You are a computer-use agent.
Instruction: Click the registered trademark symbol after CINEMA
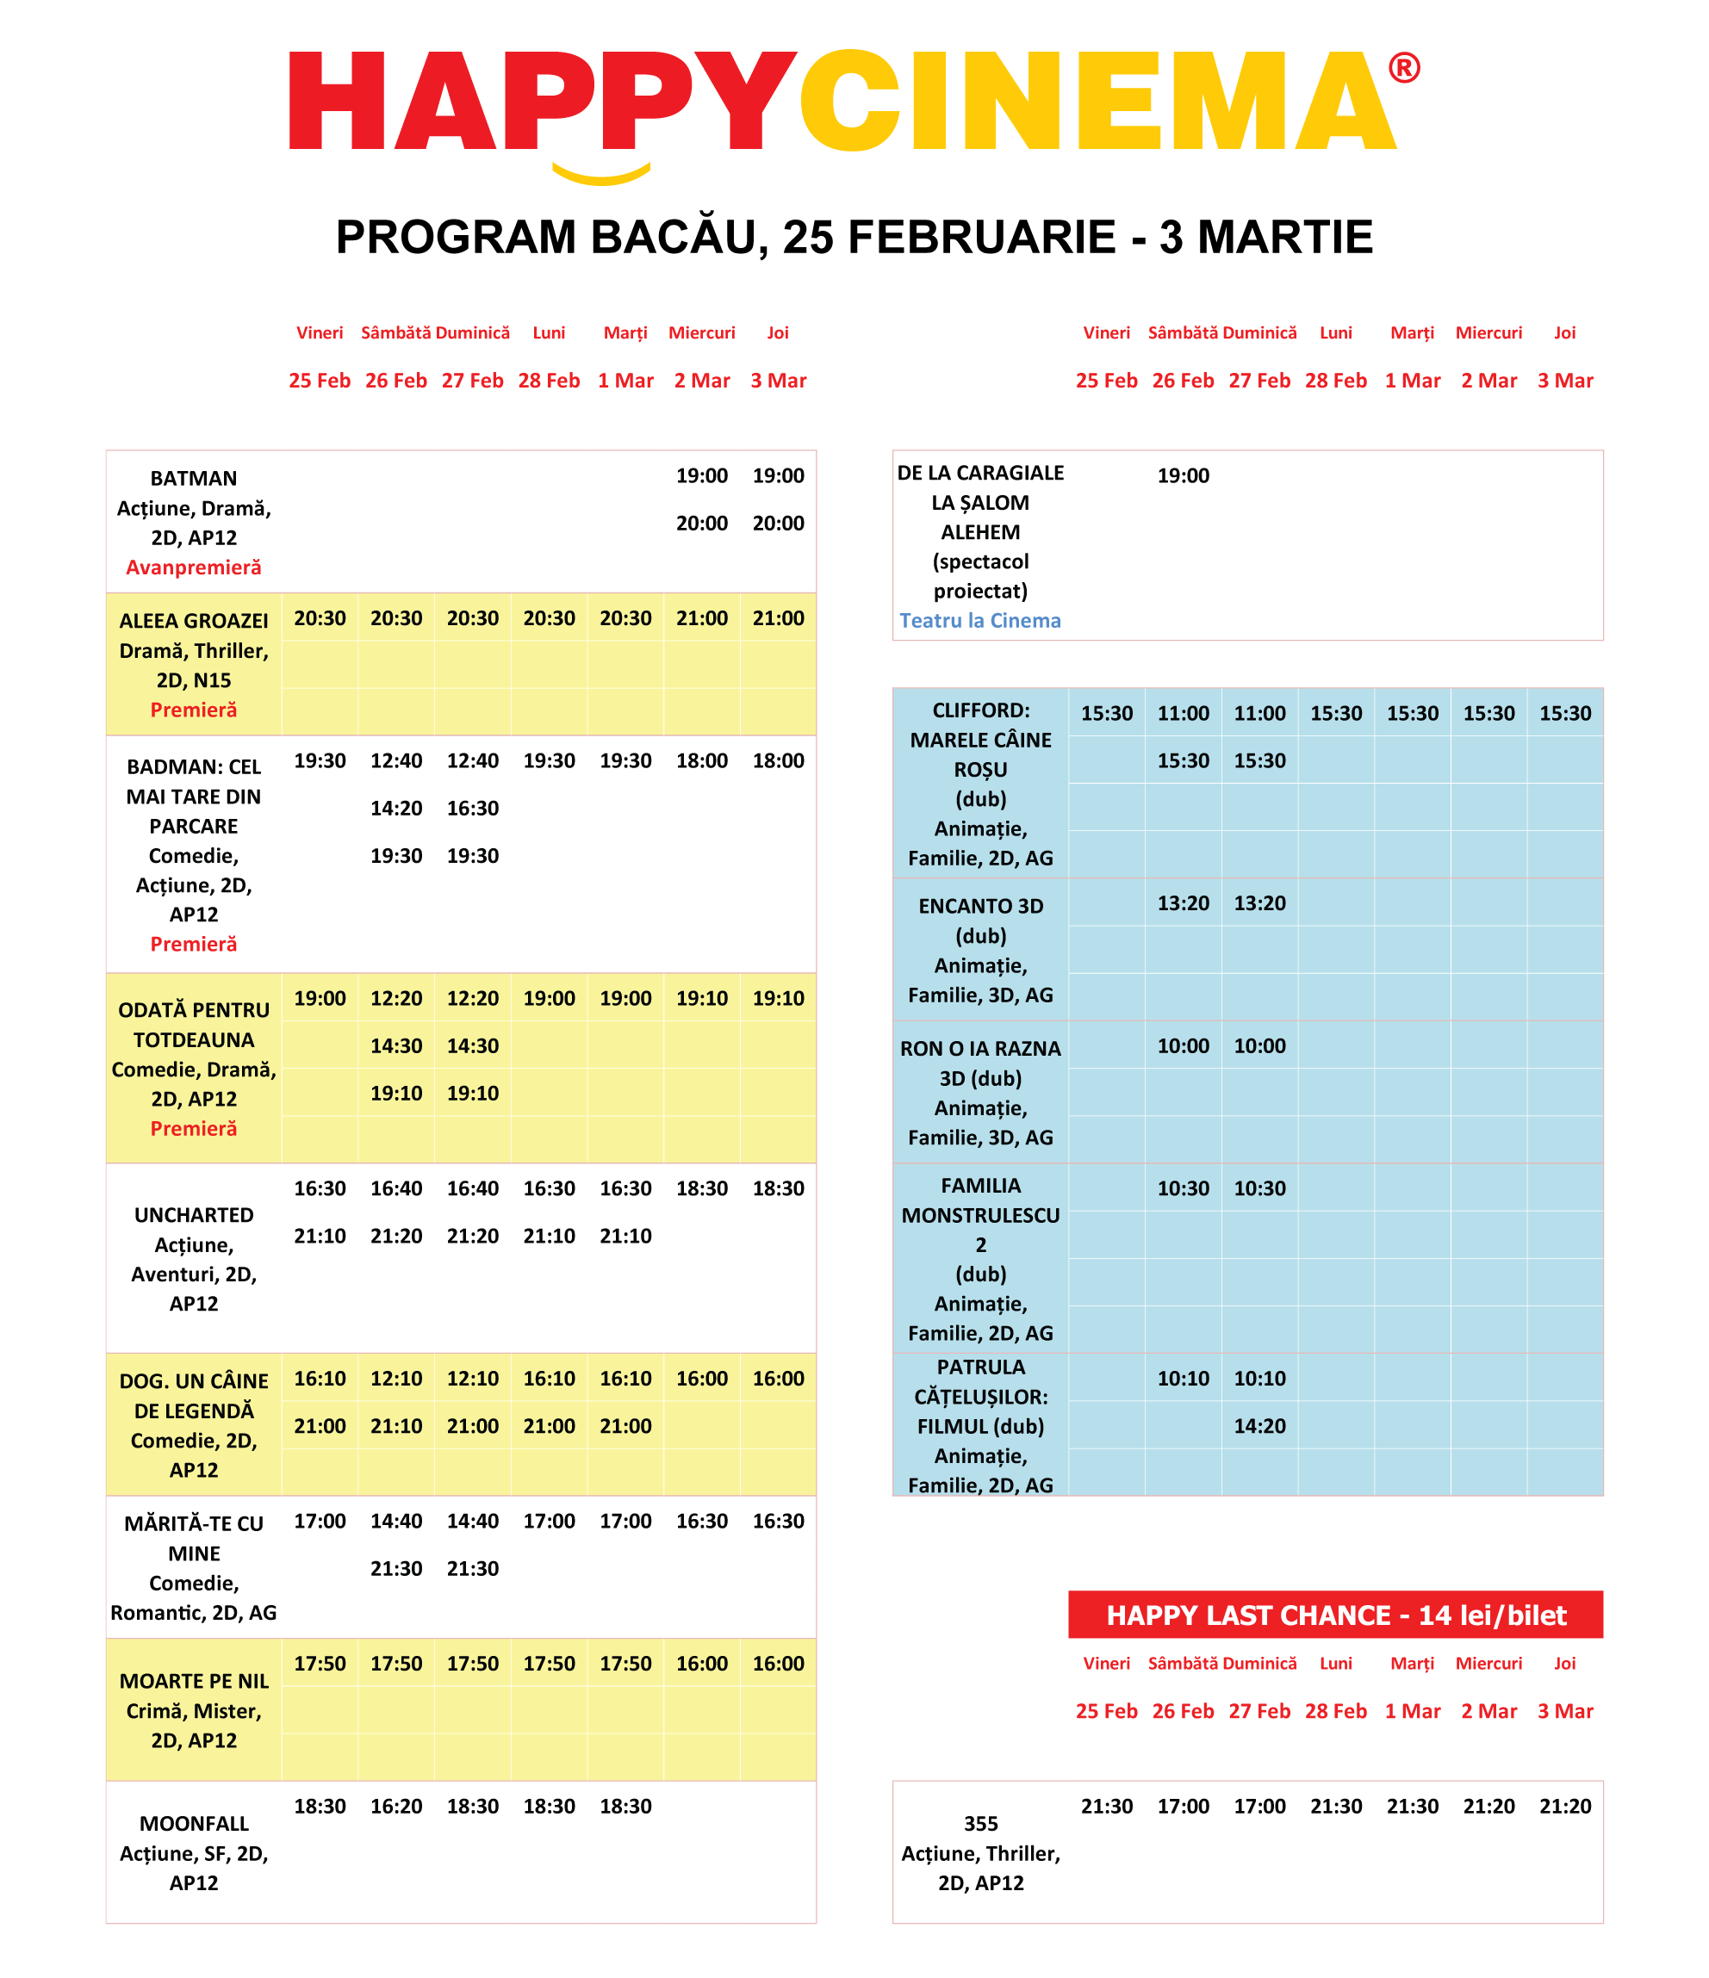(x=1402, y=68)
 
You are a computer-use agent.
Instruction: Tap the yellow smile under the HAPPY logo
(x=601, y=175)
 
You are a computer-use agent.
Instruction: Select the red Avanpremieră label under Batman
(x=194, y=567)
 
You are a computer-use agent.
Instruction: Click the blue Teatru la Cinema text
(x=979, y=621)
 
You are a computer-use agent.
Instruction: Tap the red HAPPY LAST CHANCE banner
(x=1335, y=1615)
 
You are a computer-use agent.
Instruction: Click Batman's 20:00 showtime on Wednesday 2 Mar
(x=702, y=524)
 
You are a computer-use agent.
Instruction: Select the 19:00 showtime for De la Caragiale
(x=1183, y=475)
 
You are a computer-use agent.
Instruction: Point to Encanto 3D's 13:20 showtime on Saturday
(x=1183, y=903)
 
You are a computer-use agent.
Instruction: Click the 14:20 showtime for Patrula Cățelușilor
(x=1259, y=1426)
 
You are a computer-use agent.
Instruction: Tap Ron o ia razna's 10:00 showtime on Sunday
(x=1259, y=1046)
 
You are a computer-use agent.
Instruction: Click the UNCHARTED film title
(x=194, y=1215)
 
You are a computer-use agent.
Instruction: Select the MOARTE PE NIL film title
(x=194, y=1681)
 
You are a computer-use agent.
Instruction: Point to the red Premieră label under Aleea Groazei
(x=194, y=710)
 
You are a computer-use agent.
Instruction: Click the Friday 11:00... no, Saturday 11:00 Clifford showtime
(x=1183, y=713)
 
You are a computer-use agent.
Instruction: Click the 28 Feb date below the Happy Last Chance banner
(x=1336, y=1711)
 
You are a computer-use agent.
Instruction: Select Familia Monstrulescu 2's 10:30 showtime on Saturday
(x=1183, y=1188)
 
